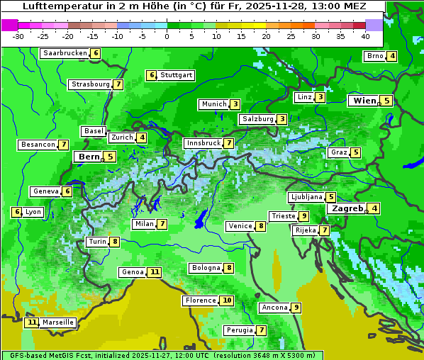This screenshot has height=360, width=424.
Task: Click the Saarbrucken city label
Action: [x=65, y=53]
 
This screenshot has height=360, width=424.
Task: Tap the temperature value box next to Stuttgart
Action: [x=151, y=75]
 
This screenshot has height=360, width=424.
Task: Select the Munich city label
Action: [x=213, y=104]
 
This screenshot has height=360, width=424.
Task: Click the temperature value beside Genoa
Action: [x=155, y=272]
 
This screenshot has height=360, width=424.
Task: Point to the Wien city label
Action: [x=364, y=101]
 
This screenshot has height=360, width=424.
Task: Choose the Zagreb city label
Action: [x=347, y=208]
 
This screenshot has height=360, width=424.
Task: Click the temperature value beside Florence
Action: [x=226, y=300]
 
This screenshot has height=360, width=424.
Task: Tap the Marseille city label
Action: [x=58, y=322]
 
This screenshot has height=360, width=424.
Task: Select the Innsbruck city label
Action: [x=203, y=143]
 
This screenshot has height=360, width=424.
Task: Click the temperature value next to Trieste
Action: [x=303, y=216]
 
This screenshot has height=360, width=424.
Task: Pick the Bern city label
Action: [x=89, y=157]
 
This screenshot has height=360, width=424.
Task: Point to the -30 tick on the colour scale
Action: [x=18, y=35]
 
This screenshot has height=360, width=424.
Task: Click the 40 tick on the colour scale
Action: [x=365, y=35]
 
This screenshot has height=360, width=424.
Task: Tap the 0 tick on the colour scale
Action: [x=167, y=35]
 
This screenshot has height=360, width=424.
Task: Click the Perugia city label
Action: [x=238, y=330]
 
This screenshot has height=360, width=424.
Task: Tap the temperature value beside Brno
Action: [x=391, y=57]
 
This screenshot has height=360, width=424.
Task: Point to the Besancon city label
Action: [x=38, y=145]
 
